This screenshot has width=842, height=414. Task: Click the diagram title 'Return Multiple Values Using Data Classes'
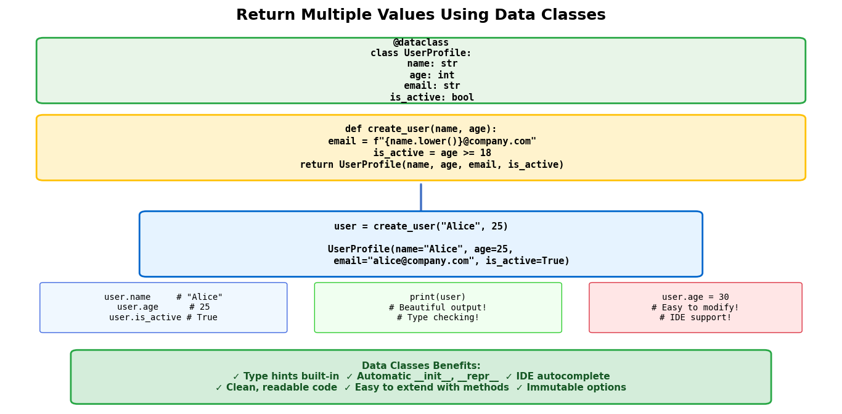(421, 15)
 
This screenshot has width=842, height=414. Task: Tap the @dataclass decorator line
(421, 42)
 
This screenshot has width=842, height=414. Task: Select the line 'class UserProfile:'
(421, 53)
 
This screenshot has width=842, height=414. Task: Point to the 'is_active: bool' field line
(432, 97)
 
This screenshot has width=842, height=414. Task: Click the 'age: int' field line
(432, 75)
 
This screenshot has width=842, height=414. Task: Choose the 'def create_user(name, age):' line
(421, 129)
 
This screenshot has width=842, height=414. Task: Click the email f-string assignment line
(432, 141)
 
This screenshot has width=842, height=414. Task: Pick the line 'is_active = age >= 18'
(432, 153)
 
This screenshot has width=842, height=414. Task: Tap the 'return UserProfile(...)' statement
(432, 165)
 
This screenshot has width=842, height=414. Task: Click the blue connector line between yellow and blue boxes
(421, 197)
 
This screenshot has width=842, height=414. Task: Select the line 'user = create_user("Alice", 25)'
(421, 226)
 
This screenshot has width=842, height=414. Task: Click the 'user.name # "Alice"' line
(163, 297)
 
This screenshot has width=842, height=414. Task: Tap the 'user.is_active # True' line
(163, 317)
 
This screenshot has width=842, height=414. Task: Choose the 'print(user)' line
(438, 297)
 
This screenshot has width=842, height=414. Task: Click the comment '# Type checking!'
(438, 317)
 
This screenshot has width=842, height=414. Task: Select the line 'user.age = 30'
(695, 297)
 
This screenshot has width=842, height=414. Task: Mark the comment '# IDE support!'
(695, 317)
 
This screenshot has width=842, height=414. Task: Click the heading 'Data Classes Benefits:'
(421, 366)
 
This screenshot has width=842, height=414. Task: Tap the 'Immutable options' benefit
(576, 387)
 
